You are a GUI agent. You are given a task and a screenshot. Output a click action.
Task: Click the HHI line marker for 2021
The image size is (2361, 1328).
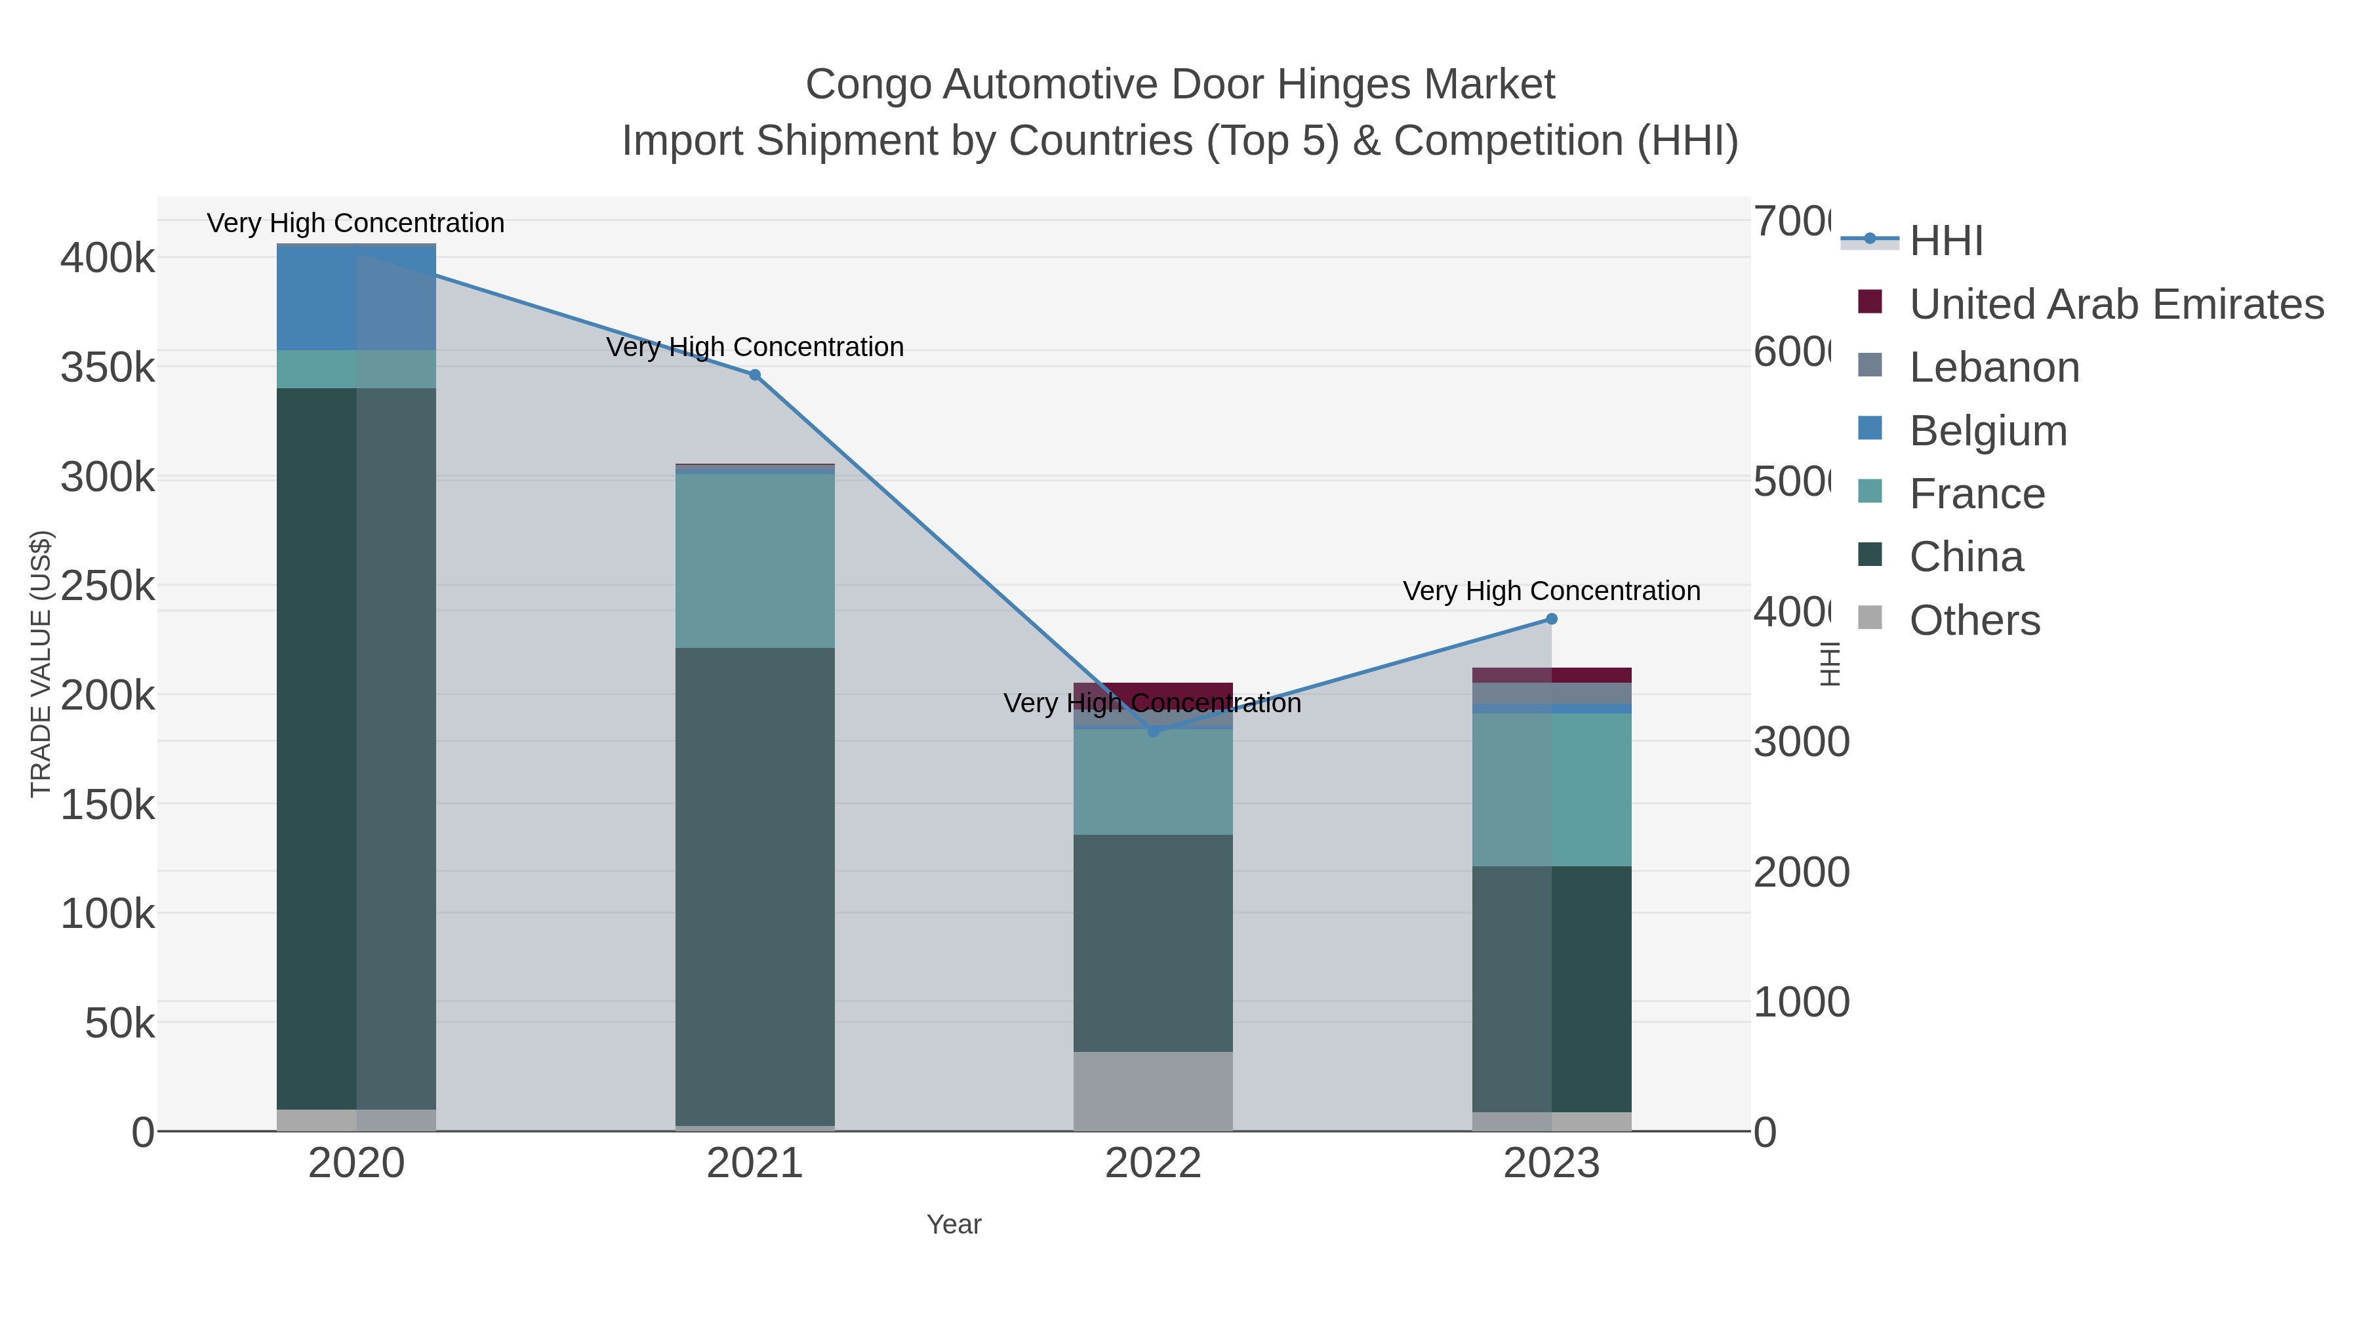click(754, 375)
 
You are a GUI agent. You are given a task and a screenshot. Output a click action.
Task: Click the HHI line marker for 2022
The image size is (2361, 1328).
click(1153, 731)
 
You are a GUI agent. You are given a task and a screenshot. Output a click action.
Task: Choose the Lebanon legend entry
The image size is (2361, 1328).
click(1994, 367)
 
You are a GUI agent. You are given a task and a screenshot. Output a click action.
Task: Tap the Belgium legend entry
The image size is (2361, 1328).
click(1988, 431)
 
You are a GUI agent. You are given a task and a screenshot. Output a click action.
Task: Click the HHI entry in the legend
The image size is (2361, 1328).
click(1946, 241)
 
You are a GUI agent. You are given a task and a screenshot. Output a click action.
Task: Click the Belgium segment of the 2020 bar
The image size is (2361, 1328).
click(355, 298)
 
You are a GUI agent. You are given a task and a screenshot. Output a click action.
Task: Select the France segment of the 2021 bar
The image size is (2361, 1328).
click(754, 560)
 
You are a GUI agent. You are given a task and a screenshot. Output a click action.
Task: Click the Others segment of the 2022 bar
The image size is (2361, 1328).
click(1153, 1091)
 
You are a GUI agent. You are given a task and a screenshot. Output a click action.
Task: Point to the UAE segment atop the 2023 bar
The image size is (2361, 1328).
click(1552, 675)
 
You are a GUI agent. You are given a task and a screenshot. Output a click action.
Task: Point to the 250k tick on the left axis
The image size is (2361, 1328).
click(108, 586)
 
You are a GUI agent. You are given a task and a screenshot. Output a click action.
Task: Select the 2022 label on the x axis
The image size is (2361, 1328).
click(1153, 1164)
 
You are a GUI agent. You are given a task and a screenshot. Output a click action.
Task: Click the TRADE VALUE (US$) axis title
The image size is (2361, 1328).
click(40, 664)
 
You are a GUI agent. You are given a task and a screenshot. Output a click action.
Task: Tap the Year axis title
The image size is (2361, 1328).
click(953, 1224)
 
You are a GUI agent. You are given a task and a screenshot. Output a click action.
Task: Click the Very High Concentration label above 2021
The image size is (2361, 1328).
click(754, 348)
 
